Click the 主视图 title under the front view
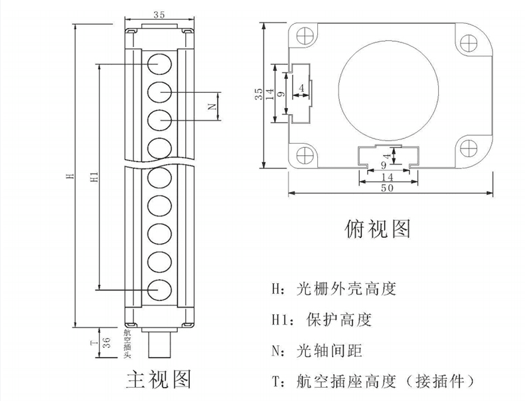[159, 379]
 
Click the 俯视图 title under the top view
[378, 229]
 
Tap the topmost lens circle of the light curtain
[160, 64]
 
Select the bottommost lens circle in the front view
[160, 290]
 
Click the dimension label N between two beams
[212, 107]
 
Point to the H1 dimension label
[95, 176]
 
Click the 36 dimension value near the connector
[106, 343]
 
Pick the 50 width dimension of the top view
[387, 188]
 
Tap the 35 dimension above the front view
[159, 15]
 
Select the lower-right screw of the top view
[468, 148]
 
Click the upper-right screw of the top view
[468, 43]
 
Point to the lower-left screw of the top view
[305, 155]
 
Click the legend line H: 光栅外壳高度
[333, 289]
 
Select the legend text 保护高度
[339, 319]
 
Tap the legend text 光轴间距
[329, 351]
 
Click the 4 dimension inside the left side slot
[301, 88]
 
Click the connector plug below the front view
[159, 343]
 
